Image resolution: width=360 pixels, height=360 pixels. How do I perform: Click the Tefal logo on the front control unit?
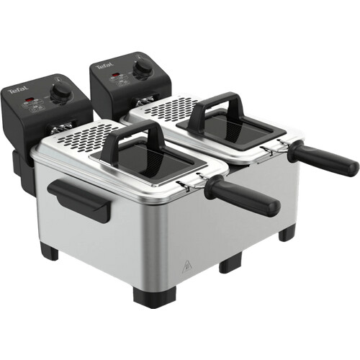point(17,91)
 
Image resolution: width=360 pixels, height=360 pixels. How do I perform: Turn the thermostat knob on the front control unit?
point(61,91)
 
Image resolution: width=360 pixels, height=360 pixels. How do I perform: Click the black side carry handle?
point(79,199)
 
